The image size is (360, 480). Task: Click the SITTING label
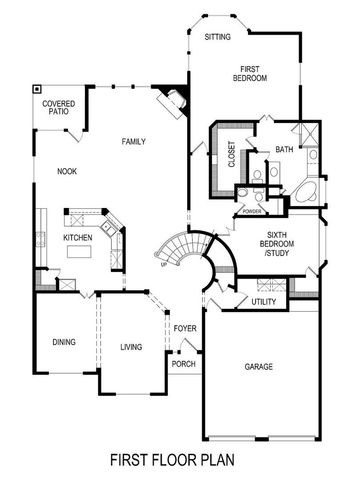coord(217,37)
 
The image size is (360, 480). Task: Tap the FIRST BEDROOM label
coord(249,73)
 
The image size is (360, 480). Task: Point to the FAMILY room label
coord(135,141)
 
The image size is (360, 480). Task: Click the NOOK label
coord(66,171)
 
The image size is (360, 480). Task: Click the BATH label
coord(284,150)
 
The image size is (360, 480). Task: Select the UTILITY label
coord(264,301)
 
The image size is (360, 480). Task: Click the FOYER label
coord(184,328)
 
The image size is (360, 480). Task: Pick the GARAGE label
coord(259,367)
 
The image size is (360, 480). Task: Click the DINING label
coord(63,342)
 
